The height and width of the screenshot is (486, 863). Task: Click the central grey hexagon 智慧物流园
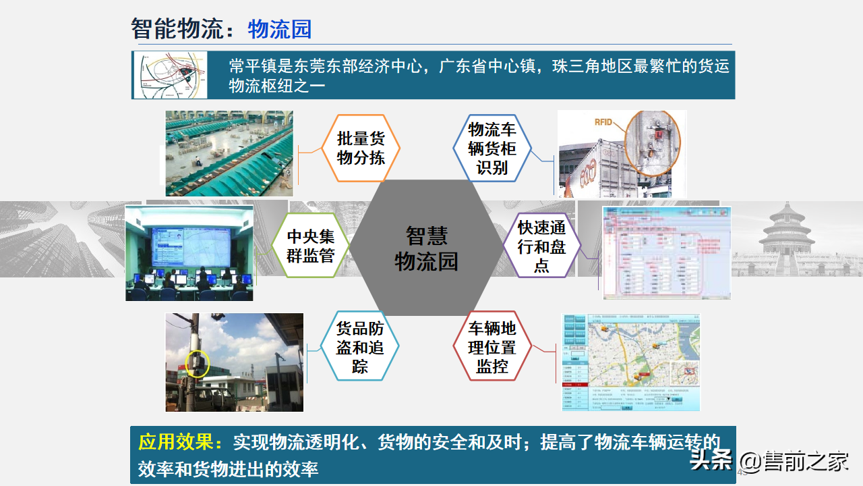pos(426,248)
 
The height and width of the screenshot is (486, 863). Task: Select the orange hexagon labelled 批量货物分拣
pos(361,148)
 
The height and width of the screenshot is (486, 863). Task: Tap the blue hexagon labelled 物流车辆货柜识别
pos(492,148)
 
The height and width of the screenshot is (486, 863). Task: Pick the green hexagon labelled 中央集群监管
pos(311,246)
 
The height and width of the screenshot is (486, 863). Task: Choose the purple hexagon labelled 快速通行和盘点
pos(542,246)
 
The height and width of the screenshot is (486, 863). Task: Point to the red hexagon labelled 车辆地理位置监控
pos(492,347)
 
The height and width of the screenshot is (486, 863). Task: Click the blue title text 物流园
pos(280,29)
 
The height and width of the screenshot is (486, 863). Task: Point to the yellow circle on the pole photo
pos(198,363)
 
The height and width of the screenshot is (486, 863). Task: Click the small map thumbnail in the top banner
pos(170,74)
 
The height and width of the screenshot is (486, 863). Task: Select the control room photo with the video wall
pos(189,252)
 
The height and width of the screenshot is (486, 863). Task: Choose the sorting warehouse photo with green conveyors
pos(229,153)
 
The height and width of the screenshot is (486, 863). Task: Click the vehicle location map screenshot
pos(631,362)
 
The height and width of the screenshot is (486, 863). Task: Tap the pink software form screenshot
pos(666,253)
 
